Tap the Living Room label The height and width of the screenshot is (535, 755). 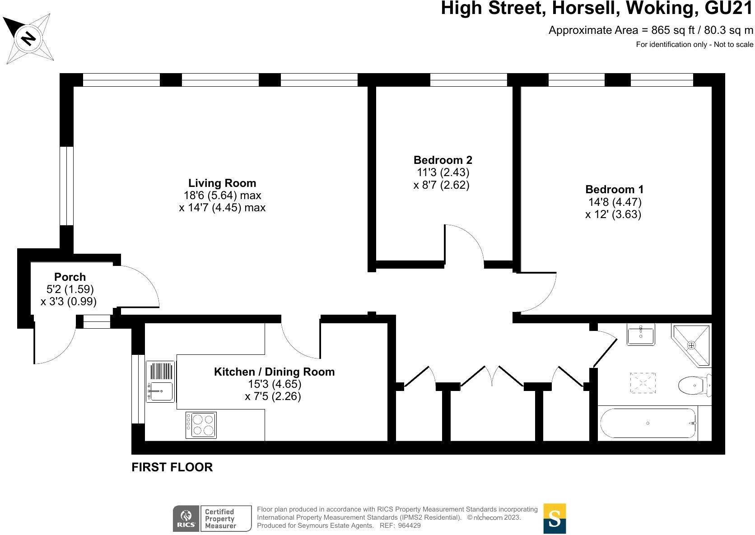point(222,183)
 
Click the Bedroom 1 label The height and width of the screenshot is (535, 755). point(614,190)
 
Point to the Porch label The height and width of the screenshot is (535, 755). point(70,277)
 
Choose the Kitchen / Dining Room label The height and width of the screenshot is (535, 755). point(274,372)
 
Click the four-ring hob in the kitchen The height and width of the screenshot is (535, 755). point(201,425)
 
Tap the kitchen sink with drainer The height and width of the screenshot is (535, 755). point(160,381)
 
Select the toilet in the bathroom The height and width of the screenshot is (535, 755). point(693,385)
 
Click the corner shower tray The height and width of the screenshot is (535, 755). point(691,345)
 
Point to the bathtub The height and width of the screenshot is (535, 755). point(648,423)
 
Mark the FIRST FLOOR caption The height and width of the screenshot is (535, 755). point(172,467)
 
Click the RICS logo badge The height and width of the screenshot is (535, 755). point(185,518)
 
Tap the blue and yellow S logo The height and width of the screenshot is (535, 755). point(555,518)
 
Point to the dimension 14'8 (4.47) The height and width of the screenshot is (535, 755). point(614,202)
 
